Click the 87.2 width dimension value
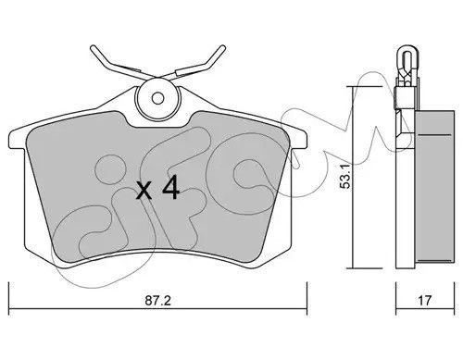(157, 300)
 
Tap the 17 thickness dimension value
(424, 300)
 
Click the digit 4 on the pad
(170, 187)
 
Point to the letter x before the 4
(144, 190)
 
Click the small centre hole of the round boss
(158, 98)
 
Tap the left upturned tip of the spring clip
(93, 49)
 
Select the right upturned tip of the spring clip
(223, 48)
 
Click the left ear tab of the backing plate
(17, 140)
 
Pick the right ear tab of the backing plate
(298, 139)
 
